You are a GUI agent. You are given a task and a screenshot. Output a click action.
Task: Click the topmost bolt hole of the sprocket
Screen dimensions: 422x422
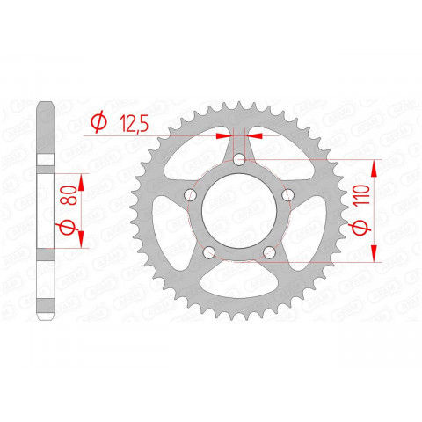tap(239, 159)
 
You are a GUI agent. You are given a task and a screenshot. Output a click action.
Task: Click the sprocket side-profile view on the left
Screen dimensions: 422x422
tap(45, 211)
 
